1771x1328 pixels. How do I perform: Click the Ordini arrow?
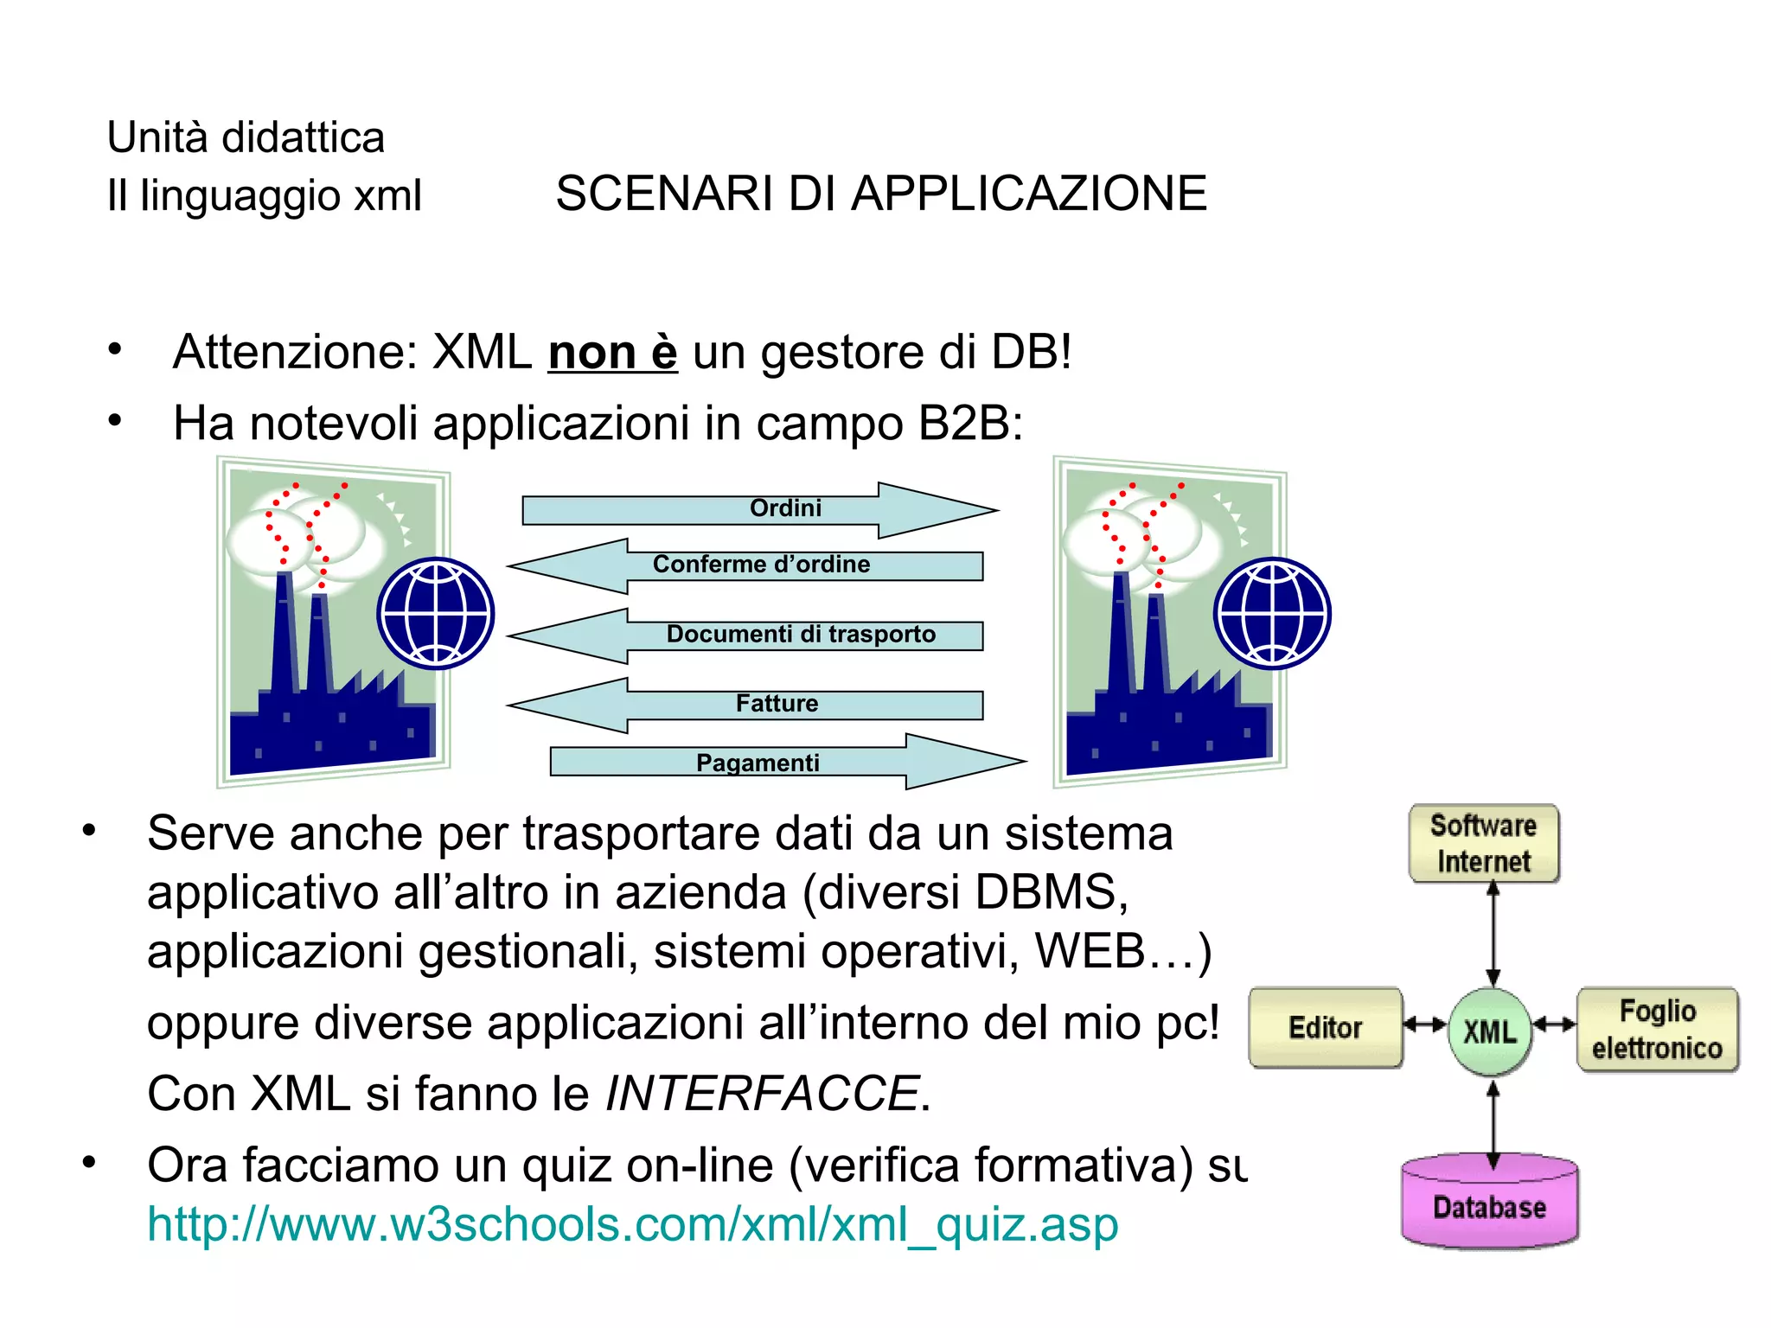coord(761,509)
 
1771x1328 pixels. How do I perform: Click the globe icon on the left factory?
coord(436,613)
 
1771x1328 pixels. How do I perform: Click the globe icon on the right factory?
coord(1272,613)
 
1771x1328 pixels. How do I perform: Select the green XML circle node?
coord(1489,1031)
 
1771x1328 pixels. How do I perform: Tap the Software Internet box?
coord(1484,844)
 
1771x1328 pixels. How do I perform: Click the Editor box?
coord(1326,1028)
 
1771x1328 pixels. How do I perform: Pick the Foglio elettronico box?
coord(1658,1030)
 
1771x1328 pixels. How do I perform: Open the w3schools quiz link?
coord(632,1225)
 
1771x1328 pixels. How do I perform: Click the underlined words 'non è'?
coord(612,353)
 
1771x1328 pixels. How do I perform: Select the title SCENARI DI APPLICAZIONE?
coord(880,194)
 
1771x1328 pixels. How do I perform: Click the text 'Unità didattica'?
coord(246,138)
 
